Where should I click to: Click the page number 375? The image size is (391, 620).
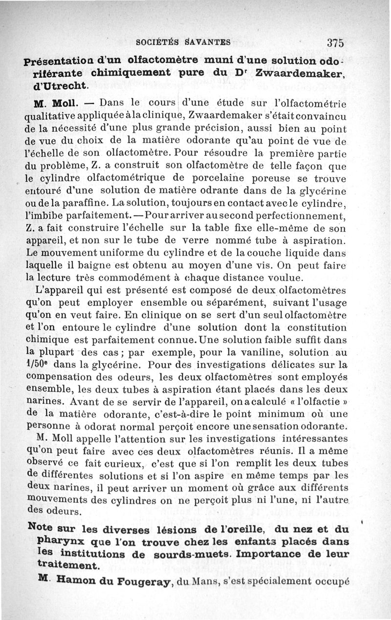(336, 42)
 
